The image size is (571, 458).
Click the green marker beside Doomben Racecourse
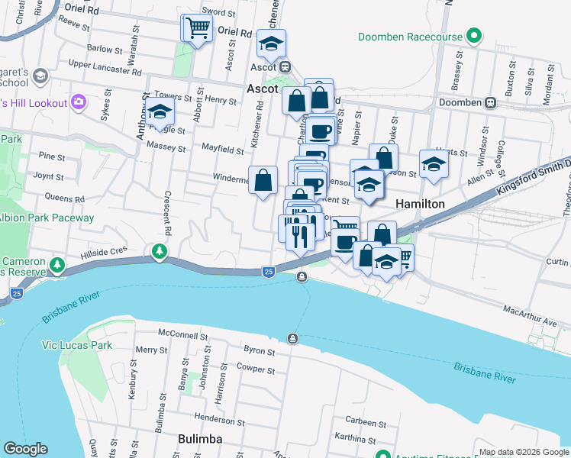[474, 36]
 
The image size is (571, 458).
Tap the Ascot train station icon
[285, 66]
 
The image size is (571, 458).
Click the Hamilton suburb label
[420, 204]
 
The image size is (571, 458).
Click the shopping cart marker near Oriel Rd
[196, 29]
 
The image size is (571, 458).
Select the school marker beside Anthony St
[160, 113]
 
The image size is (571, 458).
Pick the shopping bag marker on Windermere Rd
[263, 182]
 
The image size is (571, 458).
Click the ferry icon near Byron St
[293, 338]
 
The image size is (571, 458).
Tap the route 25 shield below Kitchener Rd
[268, 271]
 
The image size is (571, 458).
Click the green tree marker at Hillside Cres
[159, 250]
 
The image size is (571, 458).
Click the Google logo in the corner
[26, 449]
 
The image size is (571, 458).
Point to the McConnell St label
[183, 335]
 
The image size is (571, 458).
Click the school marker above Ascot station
[270, 44]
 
